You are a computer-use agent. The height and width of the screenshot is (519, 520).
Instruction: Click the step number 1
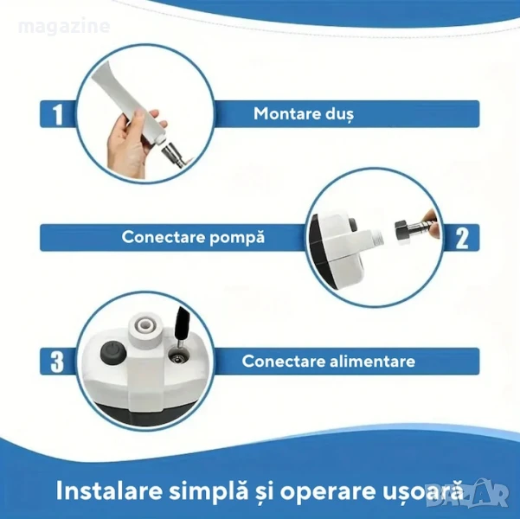pyautogui.click(x=58, y=114)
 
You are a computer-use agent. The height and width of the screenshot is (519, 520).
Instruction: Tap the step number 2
pyautogui.click(x=462, y=239)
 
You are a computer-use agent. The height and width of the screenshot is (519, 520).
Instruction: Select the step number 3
pyautogui.click(x=57, y=362)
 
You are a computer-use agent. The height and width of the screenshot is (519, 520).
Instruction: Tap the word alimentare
pyautogui.click(x=372, y=361)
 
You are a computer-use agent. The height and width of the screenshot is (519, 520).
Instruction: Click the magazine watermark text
pyautogui.click(x=64, y=26)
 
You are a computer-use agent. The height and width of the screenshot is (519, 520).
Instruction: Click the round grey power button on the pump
pyautogui.click(x=112, y=353)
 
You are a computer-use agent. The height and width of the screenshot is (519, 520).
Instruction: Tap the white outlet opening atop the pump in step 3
pyautogui.click(x=144, y=324)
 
